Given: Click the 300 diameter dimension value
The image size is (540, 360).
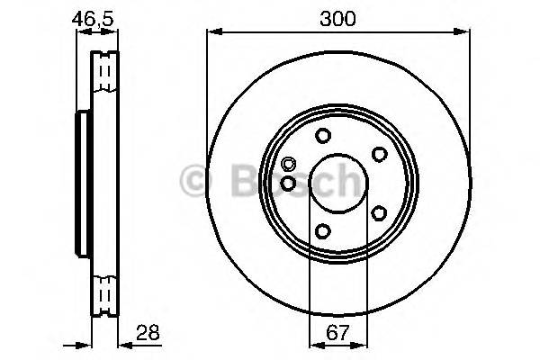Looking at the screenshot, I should click(x=337, y=18).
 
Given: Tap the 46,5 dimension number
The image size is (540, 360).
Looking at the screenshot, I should click(x=94, y=18).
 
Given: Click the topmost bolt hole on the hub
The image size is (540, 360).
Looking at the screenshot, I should click(x=322, y=137).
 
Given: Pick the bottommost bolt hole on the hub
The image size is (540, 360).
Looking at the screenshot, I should click(x=322, y=232).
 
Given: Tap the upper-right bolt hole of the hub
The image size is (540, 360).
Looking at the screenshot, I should click(x=379, y=155).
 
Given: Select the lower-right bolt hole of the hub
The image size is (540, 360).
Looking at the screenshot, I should click(x=379, y=213).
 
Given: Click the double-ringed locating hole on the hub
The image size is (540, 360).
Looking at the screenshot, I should click(x=288, y=165).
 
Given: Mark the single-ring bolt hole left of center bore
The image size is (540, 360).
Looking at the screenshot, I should click(x=288, y=183).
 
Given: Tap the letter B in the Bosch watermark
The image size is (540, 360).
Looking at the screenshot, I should click(x=225, y=183).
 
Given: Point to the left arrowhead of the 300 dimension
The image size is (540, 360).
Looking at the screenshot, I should click(x=212, y=33).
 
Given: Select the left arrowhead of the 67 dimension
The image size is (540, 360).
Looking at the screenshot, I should click(x=314, y=344).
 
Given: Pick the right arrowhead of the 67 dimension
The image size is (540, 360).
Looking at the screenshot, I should click(x=363, y=344).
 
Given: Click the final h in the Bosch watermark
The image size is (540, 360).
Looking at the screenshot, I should click(x=349, y=183).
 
